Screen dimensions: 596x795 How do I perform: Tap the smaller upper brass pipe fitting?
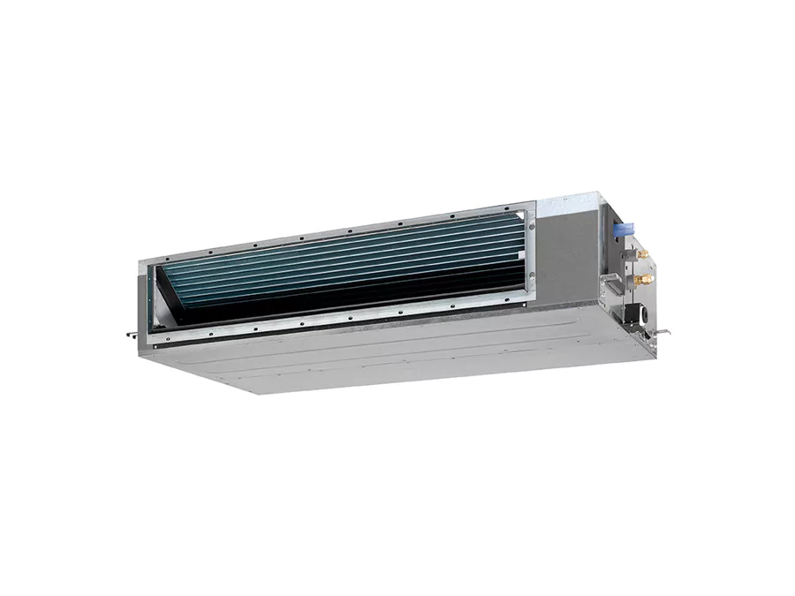(x=643, y=253)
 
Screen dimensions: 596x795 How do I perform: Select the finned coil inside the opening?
(x=353, y=256)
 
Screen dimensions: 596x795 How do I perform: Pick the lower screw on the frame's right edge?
(x=532, y=283)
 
